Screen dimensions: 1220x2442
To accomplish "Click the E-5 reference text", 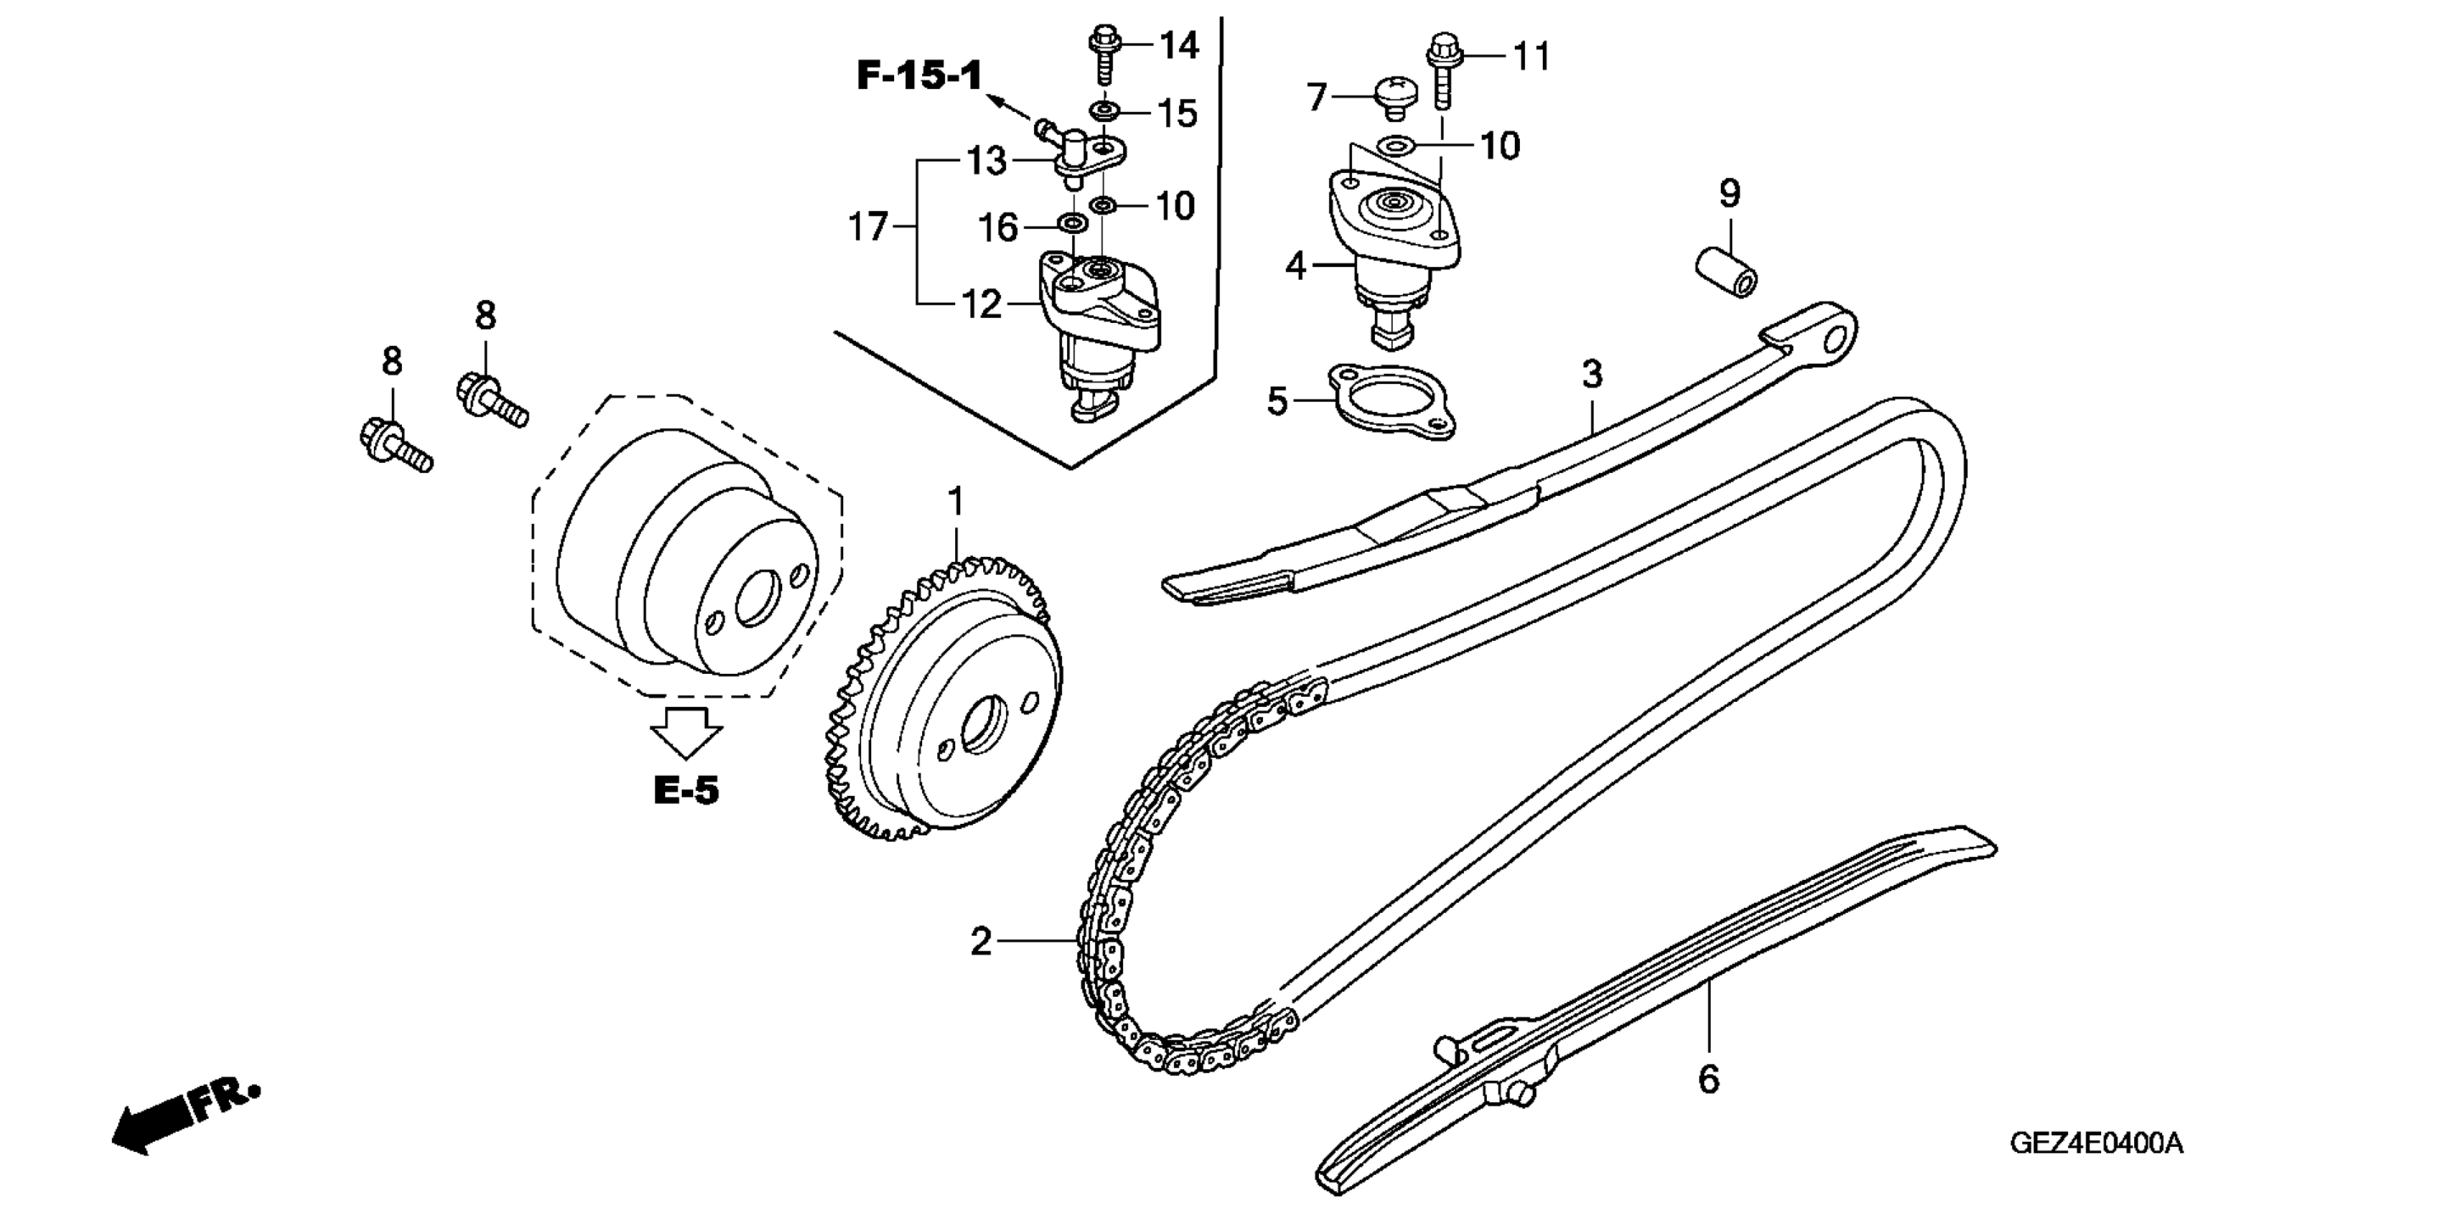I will click(686, 789).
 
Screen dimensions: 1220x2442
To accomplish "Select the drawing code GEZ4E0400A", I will click(2096, 1143).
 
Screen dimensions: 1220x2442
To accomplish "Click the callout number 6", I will click(1709, 1079).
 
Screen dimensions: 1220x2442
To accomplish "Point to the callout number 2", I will click(981, 942).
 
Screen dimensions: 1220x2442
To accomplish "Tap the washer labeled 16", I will click(1072, 225).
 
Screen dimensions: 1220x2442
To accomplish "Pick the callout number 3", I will click(1592, 375).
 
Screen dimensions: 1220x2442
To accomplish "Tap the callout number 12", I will click(981, 304).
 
